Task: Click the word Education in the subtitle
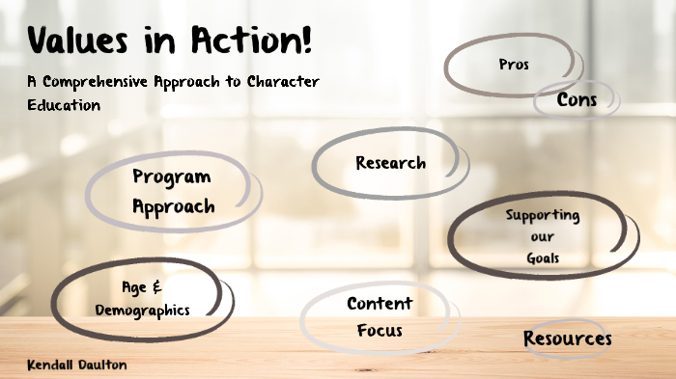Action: click(x=64, y=104)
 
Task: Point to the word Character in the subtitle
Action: click(x=279, y=83)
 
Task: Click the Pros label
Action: click(x=513, y=65)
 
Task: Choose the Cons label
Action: click(x=577, y=99)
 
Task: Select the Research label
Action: click(x=390, y=162)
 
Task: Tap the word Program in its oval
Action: click(x=172, y=176)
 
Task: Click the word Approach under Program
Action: click(x=174, y=205)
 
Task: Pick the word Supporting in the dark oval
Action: click(x=543, y=215)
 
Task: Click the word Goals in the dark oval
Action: click(x=543, y=258)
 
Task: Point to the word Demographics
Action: click(x=142, y=310)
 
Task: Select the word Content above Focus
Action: click(x=380, y=305)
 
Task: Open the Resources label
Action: click(x=568, y=338)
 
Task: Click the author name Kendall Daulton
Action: click(x=77, y=365)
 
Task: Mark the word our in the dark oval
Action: click(x=543, y=237)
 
